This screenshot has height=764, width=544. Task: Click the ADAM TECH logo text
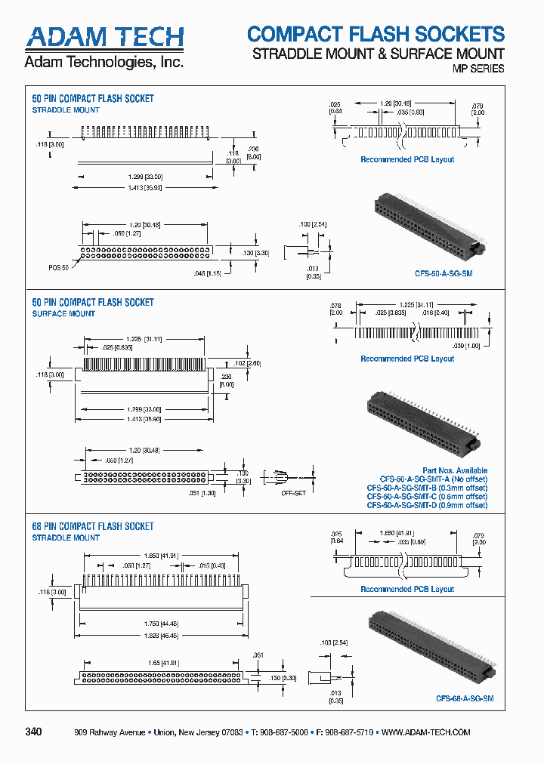(x=104, y=37)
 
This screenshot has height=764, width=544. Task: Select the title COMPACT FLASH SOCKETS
(x=376, y=34)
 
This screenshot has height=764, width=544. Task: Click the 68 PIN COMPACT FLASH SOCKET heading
(x=92, y=526)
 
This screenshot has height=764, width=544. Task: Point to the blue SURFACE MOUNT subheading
(x=63, y=313)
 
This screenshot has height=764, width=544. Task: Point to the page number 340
(x=34, y=732)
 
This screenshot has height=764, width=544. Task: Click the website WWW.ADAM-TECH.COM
(x=426, y=733)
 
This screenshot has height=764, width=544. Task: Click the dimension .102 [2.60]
(x=243, y=362)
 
